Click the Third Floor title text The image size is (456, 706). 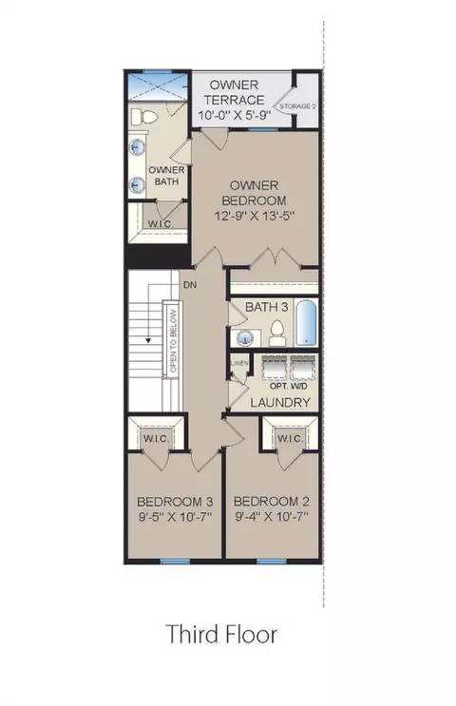tap(221, 634)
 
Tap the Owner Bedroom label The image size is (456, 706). tap(254, 193)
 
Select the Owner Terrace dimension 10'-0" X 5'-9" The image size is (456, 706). tap(234, 115)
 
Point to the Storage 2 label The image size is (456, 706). tap(297, 106)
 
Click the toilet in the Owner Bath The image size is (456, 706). tap(144, 117)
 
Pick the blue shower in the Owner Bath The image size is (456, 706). tap(158, 86)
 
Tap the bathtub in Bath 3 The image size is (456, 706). tap(306, 322)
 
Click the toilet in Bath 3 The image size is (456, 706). tap(276, 334)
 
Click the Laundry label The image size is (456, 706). tap(280, 402)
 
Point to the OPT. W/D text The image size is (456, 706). tap(288, 387)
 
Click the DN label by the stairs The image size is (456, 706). tap(190, 285)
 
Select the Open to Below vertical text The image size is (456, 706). tap(174, 341)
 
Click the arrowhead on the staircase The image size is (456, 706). tap(147, 340)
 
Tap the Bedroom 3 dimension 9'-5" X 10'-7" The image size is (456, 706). tap(175, 516)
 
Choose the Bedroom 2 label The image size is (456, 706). tap(272, 501)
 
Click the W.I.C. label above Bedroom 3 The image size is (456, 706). tap(156, 438)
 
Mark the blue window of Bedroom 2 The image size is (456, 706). tap(272, 561)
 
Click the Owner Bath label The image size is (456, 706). tap(166, 176)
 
